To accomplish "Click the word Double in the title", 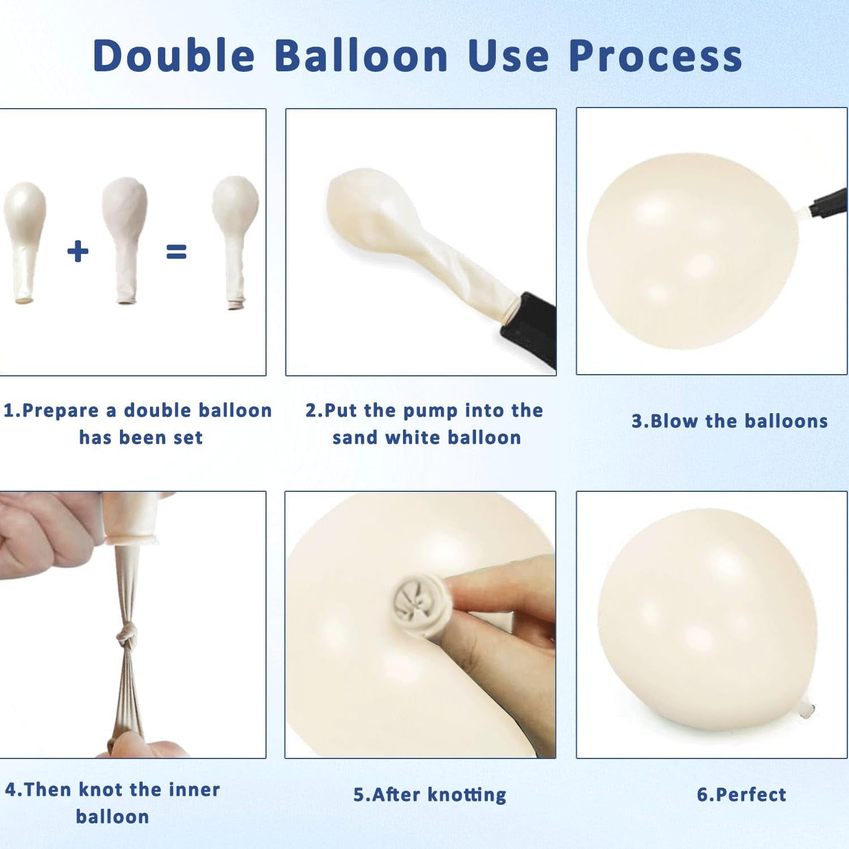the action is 174,55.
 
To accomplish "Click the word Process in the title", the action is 655,55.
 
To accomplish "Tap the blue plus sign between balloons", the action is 78,251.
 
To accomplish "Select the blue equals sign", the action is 176,251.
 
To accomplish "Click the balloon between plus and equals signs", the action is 125,241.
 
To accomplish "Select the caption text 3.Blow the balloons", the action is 730,421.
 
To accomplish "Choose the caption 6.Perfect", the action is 741,795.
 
